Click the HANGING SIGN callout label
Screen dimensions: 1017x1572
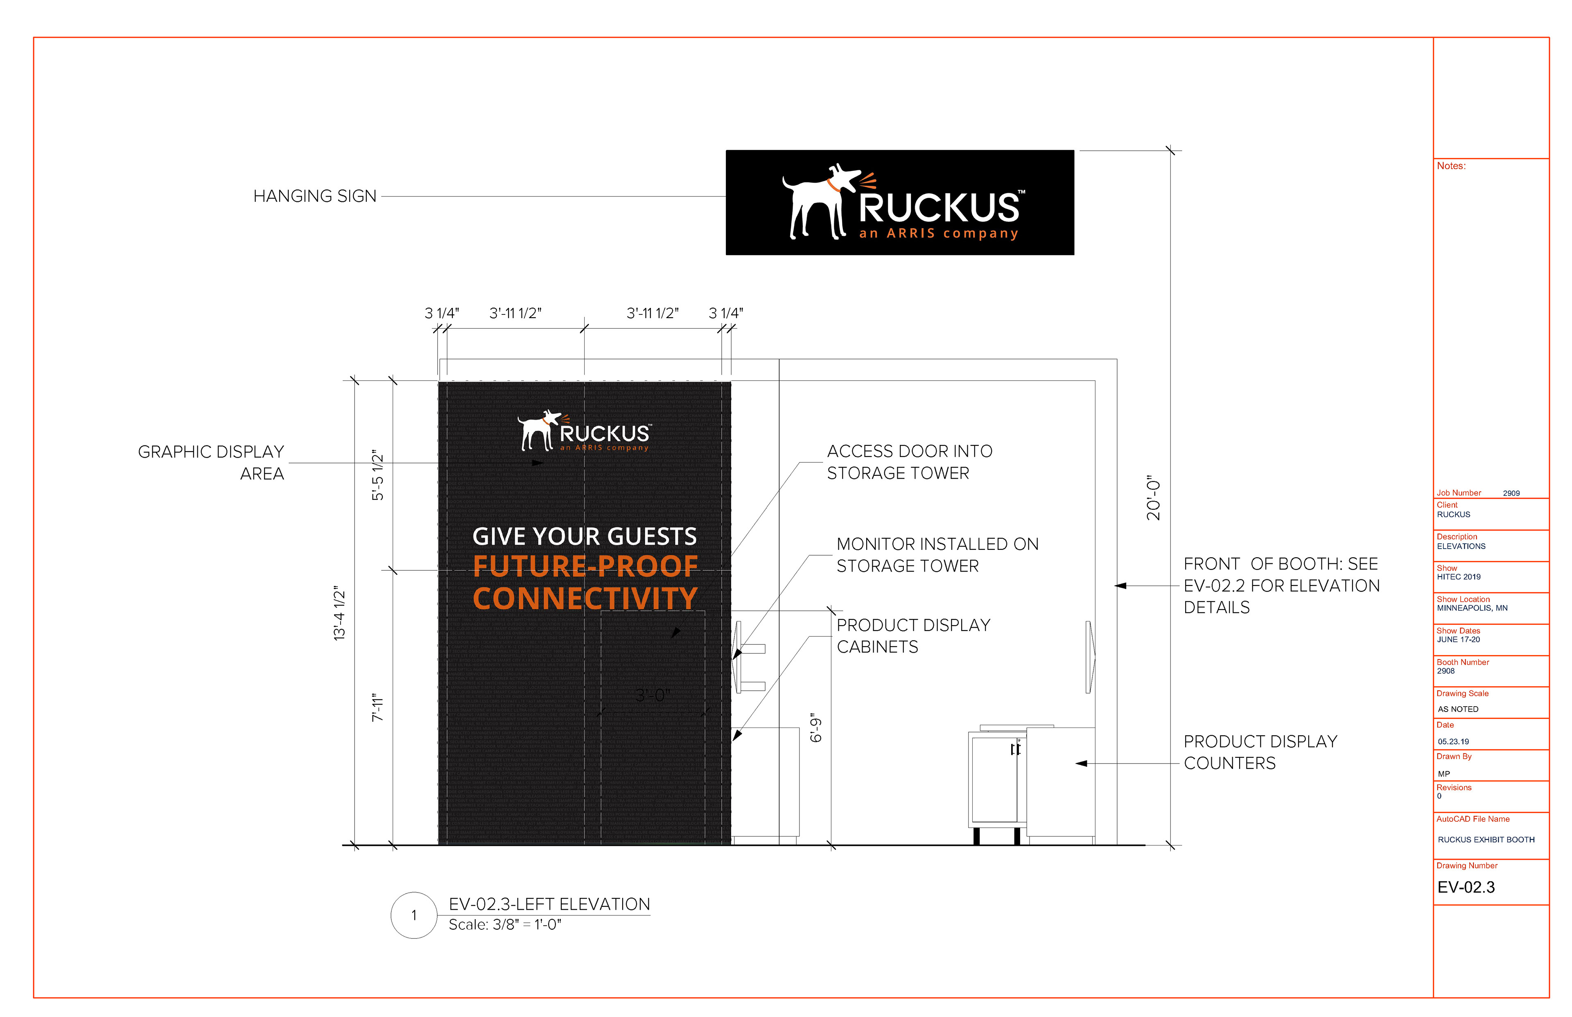(x=314, y=196)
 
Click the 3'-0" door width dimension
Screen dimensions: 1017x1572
(x=652, y=695)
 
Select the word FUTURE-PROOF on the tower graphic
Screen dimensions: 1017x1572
(x=585, y=566)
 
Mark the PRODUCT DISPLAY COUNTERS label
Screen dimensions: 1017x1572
(x=1259, y=752)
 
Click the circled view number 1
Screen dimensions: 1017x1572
(x=414, y=915)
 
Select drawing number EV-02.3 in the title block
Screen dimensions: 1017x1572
(x=1466, y=887)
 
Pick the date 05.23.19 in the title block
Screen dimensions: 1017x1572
(x=1453, y=741)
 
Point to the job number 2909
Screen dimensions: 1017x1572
(x=1511, y=493)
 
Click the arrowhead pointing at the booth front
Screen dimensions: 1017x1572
(x=1121, y=586)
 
